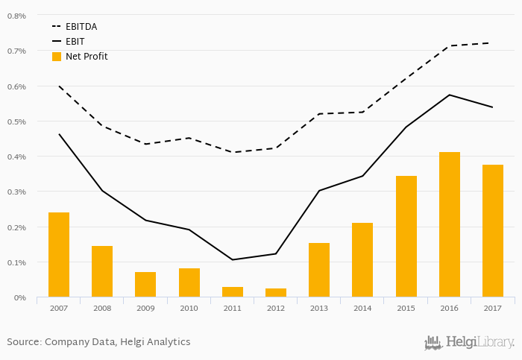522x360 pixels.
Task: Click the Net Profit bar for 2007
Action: pos(59,255)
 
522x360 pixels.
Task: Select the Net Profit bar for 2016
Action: pos(449,224)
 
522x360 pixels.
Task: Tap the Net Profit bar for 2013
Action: pos(319,270)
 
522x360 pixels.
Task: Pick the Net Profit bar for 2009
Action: pos(145,285)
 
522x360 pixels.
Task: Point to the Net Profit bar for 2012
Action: pos(276,293)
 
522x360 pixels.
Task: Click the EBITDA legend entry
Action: pos(81,27)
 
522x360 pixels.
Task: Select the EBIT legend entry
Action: pos(75,42)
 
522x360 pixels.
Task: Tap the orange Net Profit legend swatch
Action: pos(57,57)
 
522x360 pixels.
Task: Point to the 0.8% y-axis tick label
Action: pos(16,16)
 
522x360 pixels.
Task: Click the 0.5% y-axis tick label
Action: pos(16,121)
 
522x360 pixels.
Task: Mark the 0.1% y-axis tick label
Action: pos(16,262)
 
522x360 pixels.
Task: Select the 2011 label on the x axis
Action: pos(232,307)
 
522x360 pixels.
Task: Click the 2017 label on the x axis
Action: pos(492,307)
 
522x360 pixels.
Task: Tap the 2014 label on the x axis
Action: pos(362,307)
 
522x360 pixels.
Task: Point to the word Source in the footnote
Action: pos(24,342)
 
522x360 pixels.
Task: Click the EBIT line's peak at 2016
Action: pos(449,95)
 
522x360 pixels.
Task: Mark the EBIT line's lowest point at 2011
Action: pos(233,259)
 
